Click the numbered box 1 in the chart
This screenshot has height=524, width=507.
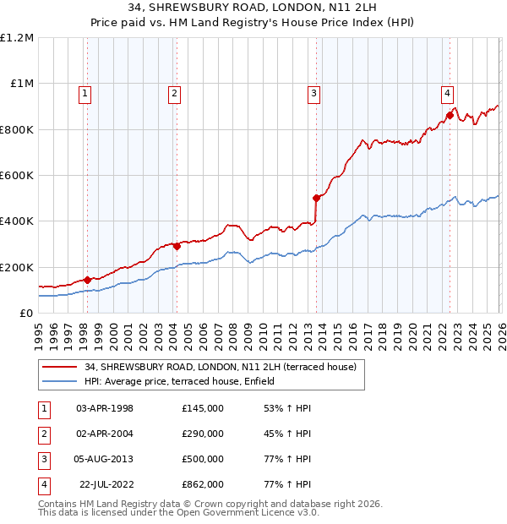[x=86, y=94]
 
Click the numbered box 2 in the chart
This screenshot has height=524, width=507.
[x=174, y=94]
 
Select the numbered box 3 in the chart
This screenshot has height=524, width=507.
[x=313, y=94]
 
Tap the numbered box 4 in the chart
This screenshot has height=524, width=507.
[x=447, y=94]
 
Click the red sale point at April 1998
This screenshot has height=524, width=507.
[x=87, y=280]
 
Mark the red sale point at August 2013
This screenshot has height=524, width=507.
[x=316, y=199]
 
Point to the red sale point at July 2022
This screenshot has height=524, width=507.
[x=450, y=116]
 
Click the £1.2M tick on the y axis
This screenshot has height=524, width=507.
[x=17, y=38]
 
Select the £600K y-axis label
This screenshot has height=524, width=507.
[x=17, y=176]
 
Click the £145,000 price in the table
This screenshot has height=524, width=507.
[x=202, y=408]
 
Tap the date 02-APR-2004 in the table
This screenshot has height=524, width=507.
[x=105, y=434]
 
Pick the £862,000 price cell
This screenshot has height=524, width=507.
[x=202, y=484]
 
